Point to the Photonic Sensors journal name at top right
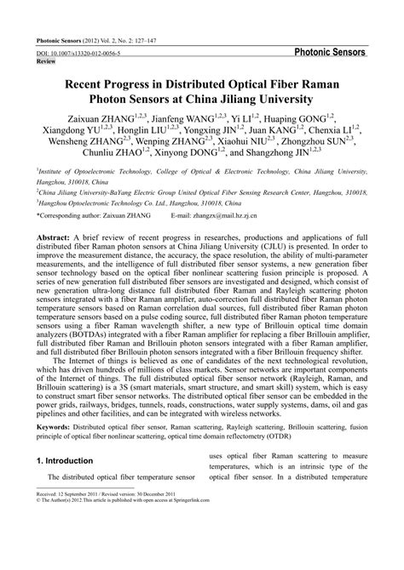tap(330, 52)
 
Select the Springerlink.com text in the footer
tap(228, 547)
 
